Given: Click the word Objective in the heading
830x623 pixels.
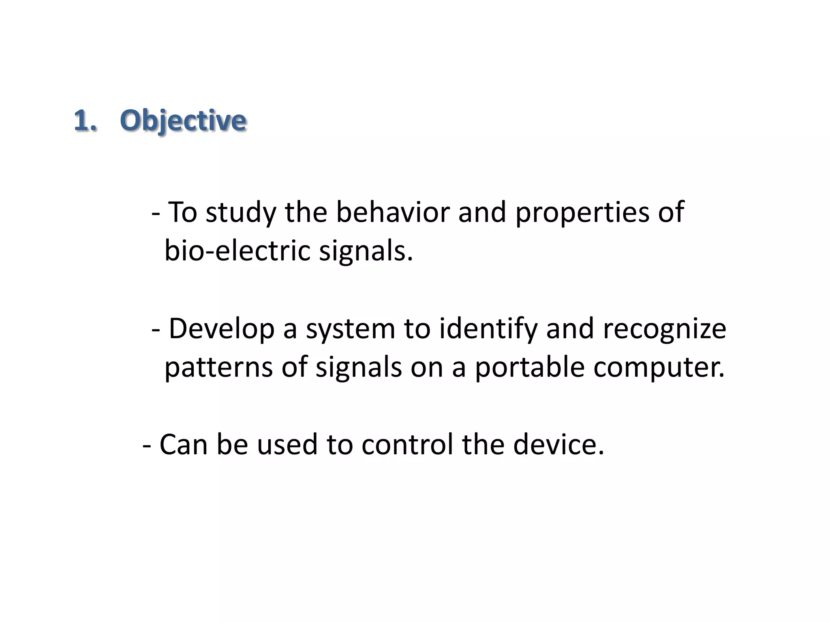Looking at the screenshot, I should [x=183, y=121].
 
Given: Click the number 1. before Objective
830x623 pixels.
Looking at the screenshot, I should [x=86, y=121].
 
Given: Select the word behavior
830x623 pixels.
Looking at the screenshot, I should [x=393, y=212].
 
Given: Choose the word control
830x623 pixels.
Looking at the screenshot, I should [x=407, y=445].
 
